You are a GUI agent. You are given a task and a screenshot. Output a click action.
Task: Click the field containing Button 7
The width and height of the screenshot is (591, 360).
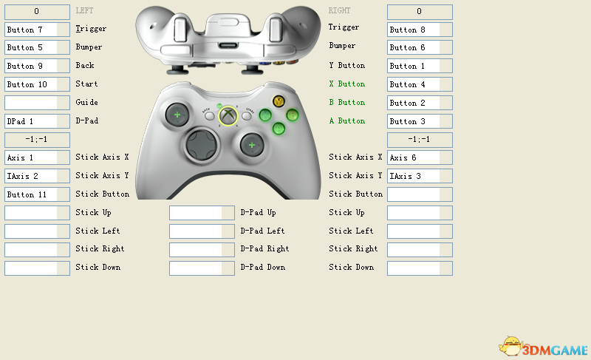pyautogui.click(x=37, y=30)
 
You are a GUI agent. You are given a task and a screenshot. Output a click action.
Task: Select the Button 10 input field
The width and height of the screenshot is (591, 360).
pyautogui.click(x=37, y=84)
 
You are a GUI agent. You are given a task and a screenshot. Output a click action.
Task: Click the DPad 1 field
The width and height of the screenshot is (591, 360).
pyautogui.click(x=37, y=120)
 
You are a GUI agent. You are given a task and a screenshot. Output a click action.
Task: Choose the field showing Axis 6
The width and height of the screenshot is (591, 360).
pyautogui.click(x=420, y=157)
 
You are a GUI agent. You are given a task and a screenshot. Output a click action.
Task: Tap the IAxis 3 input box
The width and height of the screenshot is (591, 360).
pyautogui.click(x=420, y=176)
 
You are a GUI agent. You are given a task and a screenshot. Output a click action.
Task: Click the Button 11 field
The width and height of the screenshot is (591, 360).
pyautogui.click(x=37, y=194)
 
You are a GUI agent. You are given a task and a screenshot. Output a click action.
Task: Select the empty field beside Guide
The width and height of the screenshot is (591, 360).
pyautogui.click(x=37, y=103)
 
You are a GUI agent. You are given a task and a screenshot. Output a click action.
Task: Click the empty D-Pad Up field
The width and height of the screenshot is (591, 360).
pyautogui.click(x=202, y=213)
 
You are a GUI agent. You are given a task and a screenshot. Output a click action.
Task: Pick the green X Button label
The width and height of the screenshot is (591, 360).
pyautogui.click(x=346, y=84)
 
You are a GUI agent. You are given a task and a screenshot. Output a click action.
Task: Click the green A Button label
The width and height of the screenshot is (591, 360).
pyautogui.click(x=346, y=120)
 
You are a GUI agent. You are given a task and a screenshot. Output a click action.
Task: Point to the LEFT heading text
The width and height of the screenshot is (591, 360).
pyautogui.click(x=84, y=11)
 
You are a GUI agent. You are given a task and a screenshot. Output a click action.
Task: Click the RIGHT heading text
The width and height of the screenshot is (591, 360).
pyautogui.click(x=340, y=11)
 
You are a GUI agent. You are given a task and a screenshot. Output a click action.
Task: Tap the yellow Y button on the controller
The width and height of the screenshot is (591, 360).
pyautogui.click(x=279, y=101)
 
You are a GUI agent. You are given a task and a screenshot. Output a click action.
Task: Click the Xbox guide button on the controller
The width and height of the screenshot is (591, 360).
pyautogui.click(x=228, y=116)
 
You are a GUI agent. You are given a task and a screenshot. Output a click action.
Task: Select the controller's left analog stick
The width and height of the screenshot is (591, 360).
pyautogui.click(x=177, y=115)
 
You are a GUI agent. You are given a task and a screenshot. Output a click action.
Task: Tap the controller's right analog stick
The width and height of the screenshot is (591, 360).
pyautogui.click(x=252, y=144)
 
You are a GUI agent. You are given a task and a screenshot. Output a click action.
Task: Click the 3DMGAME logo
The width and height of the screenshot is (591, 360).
pyautogui.click(x=542, y=347)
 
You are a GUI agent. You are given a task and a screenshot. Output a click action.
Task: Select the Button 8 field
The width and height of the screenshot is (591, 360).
pyautogui.click(x=420, y=30)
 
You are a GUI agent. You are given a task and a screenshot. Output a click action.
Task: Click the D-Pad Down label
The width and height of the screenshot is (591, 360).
pyautogui.click(x=263, y=267)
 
